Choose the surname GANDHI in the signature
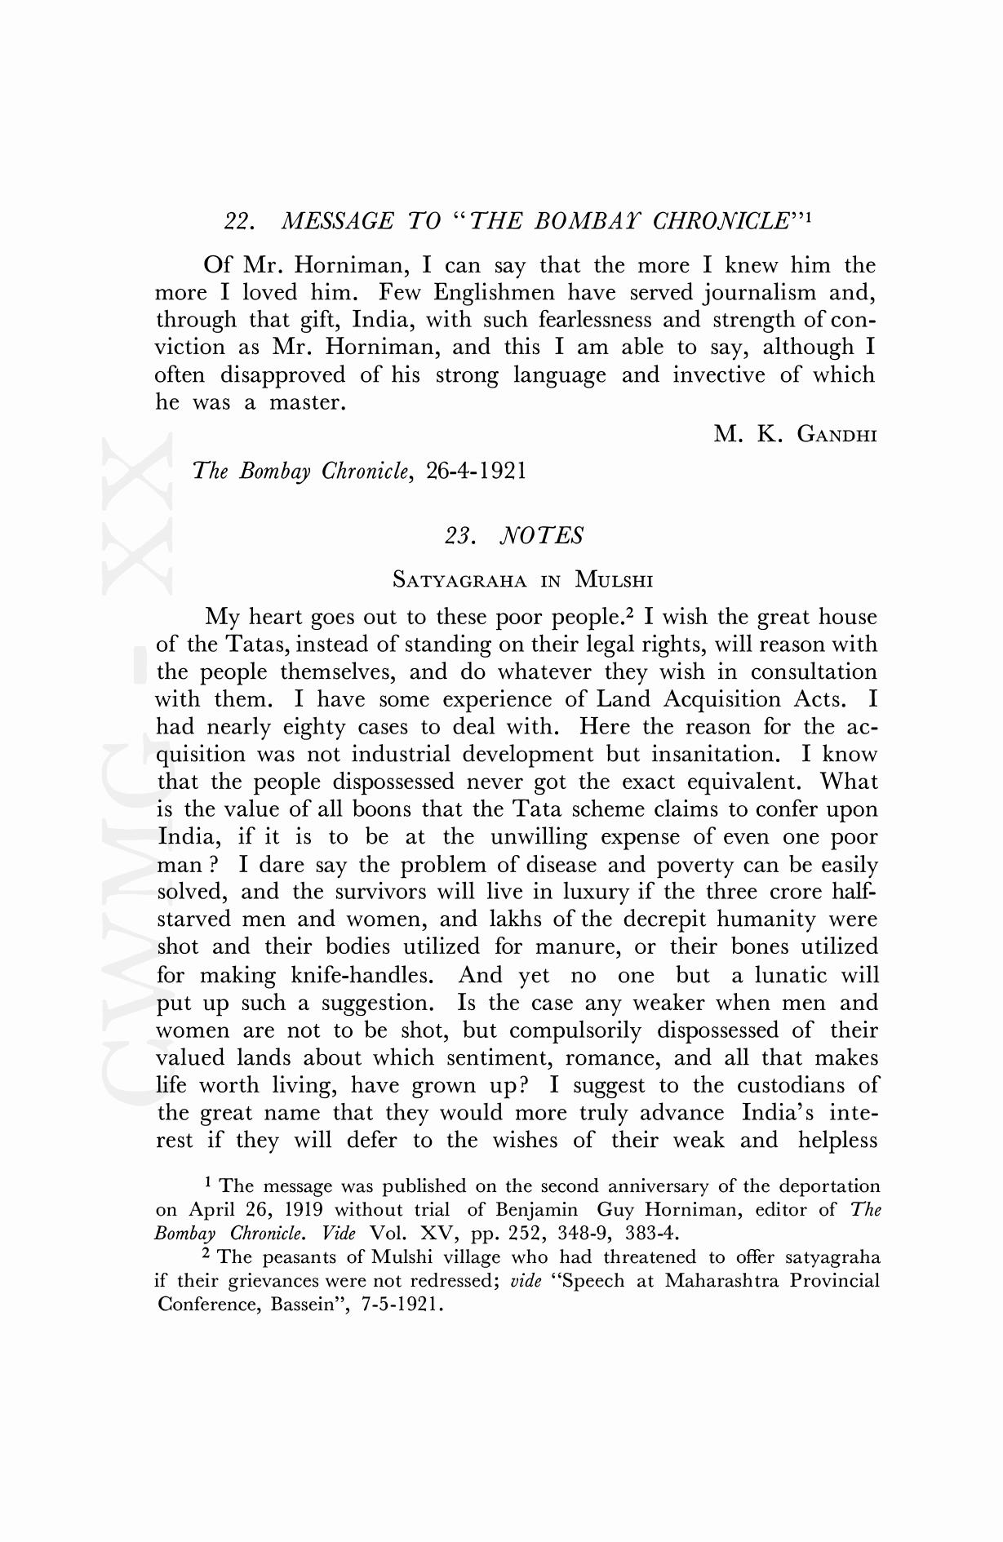pos(837,435)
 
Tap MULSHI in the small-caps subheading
pos(614,580)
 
